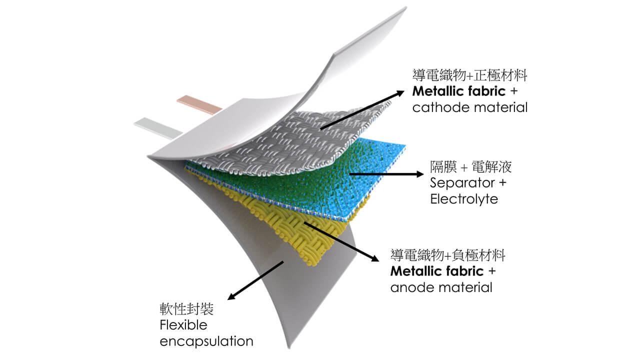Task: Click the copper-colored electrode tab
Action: coord(199,102)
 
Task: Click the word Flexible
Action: coord(183,325)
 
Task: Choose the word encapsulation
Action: coord(206,341)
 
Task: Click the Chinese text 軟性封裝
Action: coord(186,309)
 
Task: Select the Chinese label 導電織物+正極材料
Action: coord(470,76)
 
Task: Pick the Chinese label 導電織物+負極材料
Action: coord(447,256)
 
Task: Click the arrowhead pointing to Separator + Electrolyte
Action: coord(419,174)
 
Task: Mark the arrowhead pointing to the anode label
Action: coord(374,258)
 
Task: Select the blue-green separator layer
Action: coord(310,180)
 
